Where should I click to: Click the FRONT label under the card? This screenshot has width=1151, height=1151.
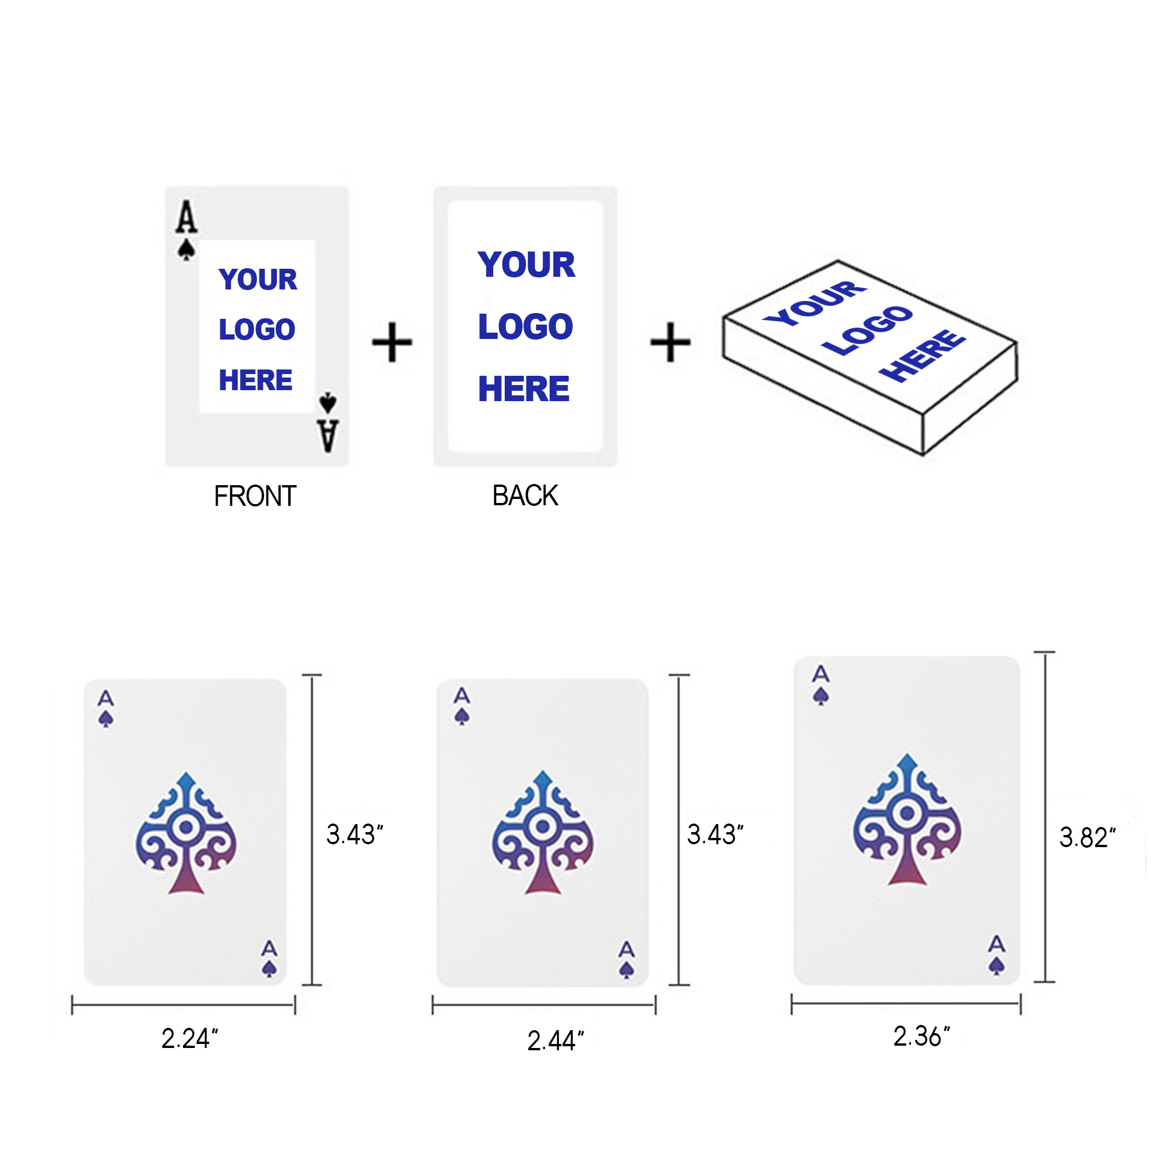tap(255, 496)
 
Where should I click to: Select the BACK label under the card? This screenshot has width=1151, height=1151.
tap(525, 496)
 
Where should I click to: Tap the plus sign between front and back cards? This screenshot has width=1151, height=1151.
tap(392, 342)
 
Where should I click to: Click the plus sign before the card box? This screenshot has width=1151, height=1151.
tap(670, 342)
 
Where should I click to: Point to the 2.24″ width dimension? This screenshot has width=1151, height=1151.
tap(189, 1038)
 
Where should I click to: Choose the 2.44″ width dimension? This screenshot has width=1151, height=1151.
tap(555, 1041)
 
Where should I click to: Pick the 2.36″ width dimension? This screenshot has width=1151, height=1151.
tap(921, 1036)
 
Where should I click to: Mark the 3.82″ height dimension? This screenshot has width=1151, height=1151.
tap(1087, 837)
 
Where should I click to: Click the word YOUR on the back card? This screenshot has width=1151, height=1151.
tap(526, 265)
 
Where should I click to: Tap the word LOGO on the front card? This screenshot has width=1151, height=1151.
tap(257, 329)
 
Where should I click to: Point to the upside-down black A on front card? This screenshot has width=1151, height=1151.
tap(327, 436)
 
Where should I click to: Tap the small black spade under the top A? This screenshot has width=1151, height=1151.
tap(186, 250)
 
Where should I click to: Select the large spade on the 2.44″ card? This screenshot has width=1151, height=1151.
tap(542, 832)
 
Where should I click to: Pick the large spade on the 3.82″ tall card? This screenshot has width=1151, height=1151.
tap(907, 819)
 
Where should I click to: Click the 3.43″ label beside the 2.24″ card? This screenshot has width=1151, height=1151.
tap(355, 834)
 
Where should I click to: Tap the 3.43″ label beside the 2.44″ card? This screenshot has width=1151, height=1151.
tap(715, 834)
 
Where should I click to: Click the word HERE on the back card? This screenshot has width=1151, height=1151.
tap(524, 389)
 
